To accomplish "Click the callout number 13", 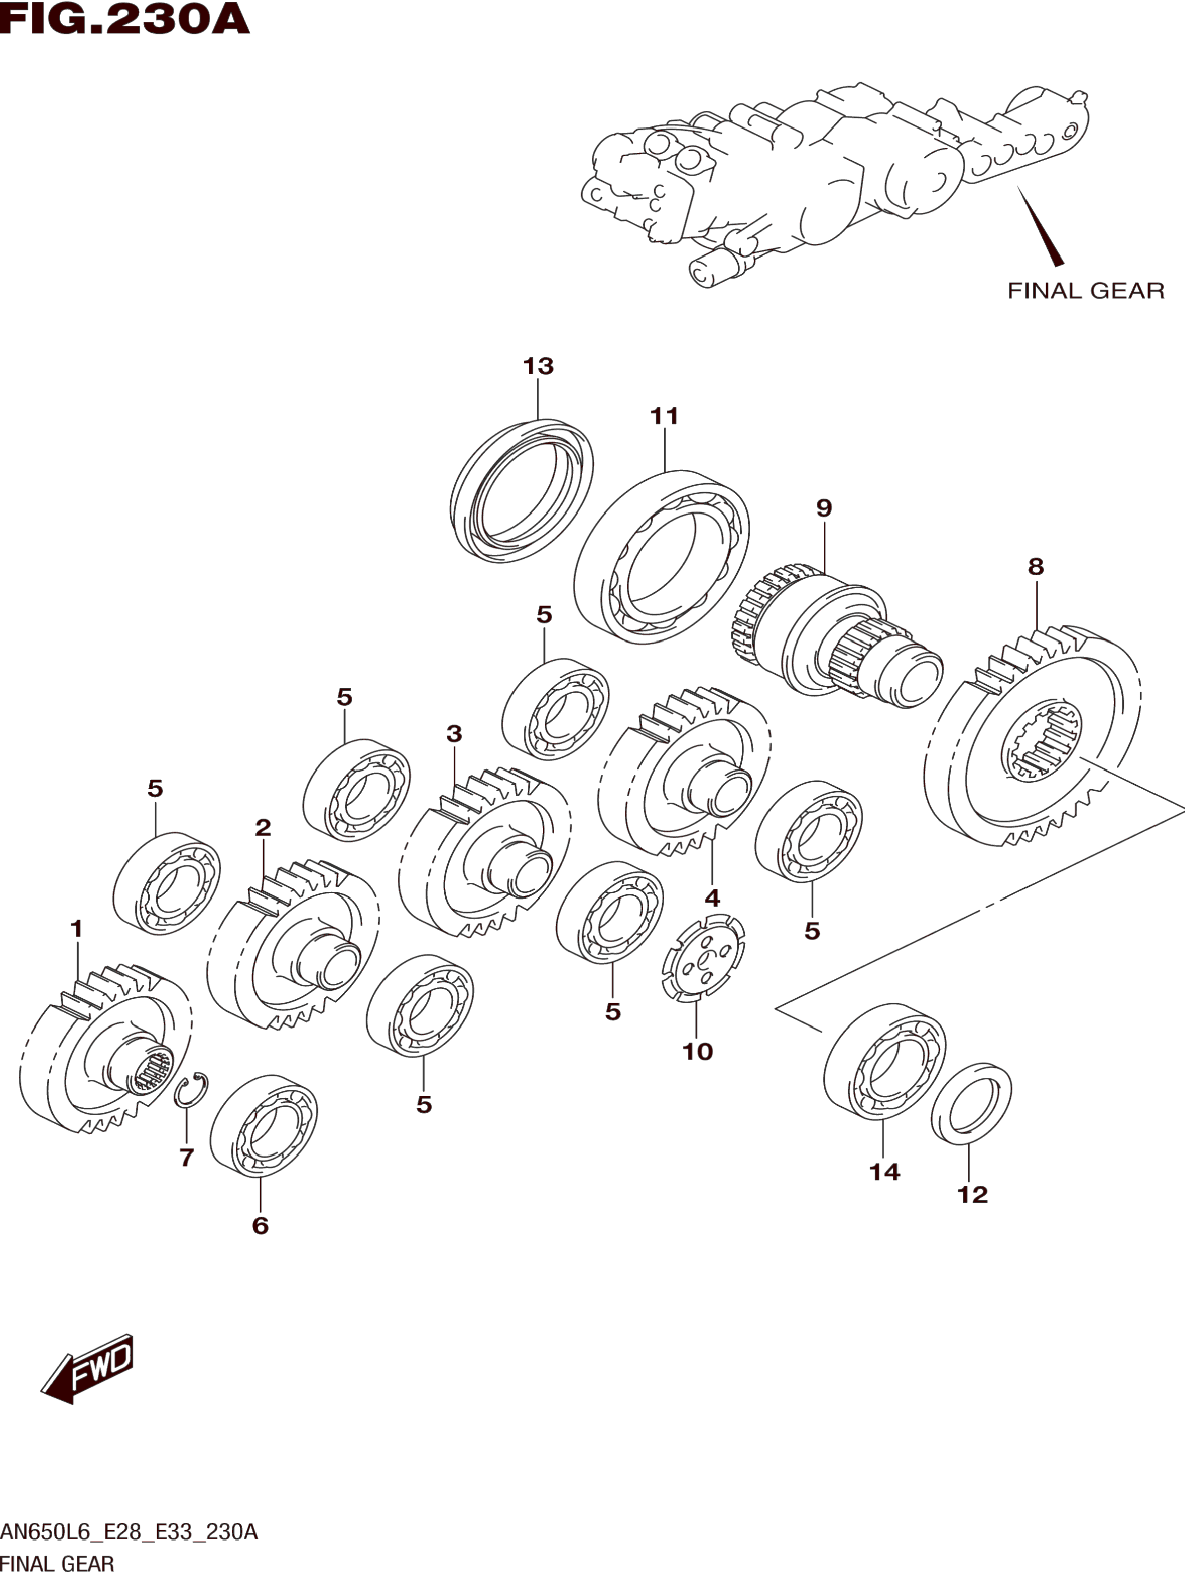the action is tap(538, 366).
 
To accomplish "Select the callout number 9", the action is tap(824, 508).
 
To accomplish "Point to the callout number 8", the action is tap(1036, 567).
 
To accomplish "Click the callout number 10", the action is tap(698, 1051).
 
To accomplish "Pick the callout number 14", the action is tap(885, 1172).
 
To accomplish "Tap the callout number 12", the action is tap(973, 1195).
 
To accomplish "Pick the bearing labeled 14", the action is tap(885, 1061).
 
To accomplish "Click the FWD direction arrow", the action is tap(87, 1369).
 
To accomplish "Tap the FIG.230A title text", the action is tap(125, 19).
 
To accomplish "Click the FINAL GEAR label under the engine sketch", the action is tap(1086, 291).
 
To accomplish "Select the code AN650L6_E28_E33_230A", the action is tap(129, 1532).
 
